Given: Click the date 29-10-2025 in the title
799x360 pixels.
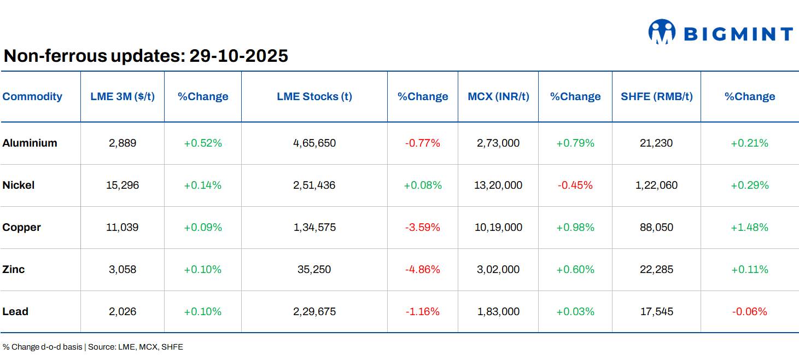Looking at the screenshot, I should coord(238,56).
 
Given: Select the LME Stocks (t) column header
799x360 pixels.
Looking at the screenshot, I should coord(314,96).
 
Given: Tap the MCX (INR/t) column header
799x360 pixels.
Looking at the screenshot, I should coord(498,96).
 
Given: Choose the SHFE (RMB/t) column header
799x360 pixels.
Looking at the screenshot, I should coord(656,96).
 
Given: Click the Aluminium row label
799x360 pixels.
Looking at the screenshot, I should coord(30,143).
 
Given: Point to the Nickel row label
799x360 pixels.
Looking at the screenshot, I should coord(19,185).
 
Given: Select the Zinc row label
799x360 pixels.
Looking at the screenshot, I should coord(14,269).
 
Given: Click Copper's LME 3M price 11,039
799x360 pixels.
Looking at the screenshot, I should coord(123,227).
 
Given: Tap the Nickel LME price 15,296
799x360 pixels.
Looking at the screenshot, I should coord(123,185).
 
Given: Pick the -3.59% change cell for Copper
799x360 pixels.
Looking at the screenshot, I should coord(422,227).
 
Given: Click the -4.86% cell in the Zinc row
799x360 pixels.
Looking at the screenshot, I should coord(422,269).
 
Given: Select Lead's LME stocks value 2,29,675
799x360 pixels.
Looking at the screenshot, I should coord(314,311).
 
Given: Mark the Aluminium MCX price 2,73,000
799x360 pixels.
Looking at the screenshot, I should coord(498,143).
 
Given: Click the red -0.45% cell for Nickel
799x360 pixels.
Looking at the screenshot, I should coord(575,185).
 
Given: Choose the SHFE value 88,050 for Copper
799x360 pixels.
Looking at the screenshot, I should coord(656,227).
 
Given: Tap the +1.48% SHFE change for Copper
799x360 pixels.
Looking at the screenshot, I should coord(749,227).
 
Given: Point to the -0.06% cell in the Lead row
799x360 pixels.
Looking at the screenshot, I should coord(749,311).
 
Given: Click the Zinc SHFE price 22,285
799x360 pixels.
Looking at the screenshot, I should coord(656,269).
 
